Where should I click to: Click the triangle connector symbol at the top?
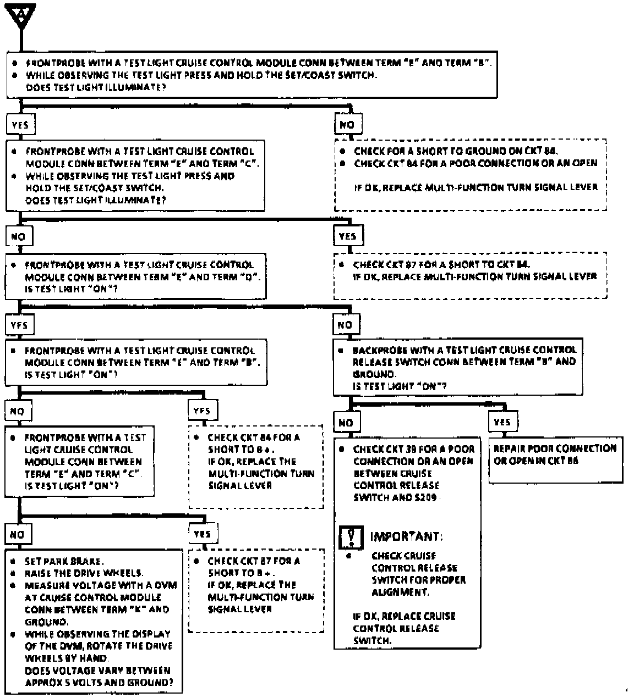click(21, 13)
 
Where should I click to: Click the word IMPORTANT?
click(406, 536)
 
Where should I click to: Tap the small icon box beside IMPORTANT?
click(351, 536)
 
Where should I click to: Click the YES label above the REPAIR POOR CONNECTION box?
click(502, 422)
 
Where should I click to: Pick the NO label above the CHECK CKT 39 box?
click(346, 423)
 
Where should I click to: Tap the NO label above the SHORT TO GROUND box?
click(347, 125)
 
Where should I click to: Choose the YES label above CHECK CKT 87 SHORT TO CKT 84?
click(348, 236)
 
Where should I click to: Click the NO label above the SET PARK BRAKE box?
click(17, 534)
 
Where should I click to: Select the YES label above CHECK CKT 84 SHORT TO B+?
click(202, 410)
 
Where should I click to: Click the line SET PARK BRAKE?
click(63, 561)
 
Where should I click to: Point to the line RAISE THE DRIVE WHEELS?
click(84, 573)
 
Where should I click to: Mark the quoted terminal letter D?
click(249, 276)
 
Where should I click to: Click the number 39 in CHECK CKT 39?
click(410, 449)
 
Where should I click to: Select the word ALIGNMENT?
click(400, 592)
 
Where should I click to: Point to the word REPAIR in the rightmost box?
click(509, 448)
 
